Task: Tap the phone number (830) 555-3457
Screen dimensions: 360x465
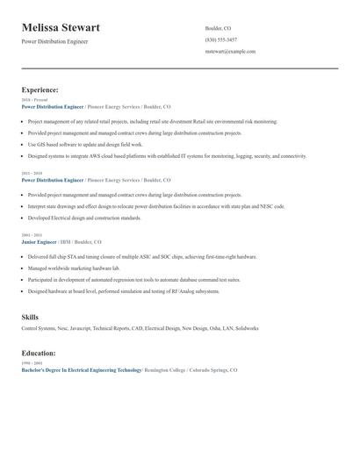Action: click(221, 39)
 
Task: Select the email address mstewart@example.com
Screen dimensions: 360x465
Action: click(230, 52)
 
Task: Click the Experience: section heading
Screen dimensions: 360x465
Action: click(40, 89)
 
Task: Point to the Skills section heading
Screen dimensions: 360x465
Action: click(30, 316)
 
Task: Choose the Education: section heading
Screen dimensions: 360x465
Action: click(39, 353)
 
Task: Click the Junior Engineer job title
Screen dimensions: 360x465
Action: click(40, 241)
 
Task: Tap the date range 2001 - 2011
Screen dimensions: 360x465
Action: click(31, 235)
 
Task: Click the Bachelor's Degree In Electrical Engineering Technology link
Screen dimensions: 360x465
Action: click(82, 370)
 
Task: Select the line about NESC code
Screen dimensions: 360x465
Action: click(156, 206)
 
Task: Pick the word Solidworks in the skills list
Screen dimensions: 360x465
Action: click(244, 328)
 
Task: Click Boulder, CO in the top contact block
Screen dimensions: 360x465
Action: click(218, 28)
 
